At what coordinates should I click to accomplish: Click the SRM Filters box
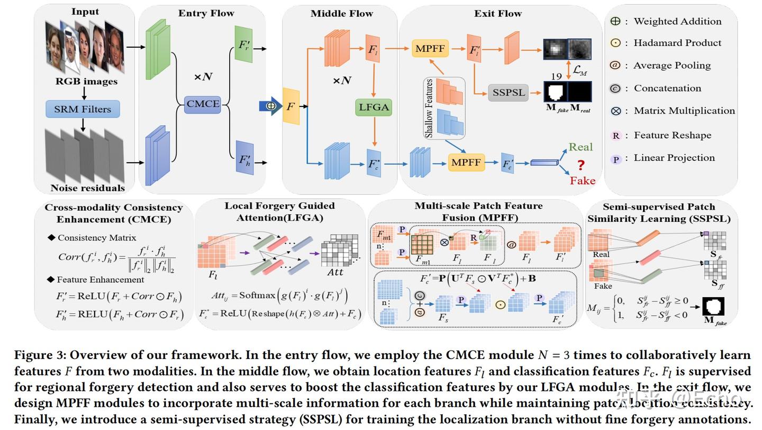[83, 109]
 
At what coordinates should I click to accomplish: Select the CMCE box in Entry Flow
[203, 104]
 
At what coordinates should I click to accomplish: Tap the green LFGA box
[374, 107]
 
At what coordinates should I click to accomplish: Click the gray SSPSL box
[508, 92]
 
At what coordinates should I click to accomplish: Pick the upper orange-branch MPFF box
[430, 49]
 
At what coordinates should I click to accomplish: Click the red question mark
[582, 165]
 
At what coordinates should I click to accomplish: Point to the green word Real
[580, 147]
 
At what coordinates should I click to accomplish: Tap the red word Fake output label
[583, 181]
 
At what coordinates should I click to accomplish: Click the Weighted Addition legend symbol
[615, 21]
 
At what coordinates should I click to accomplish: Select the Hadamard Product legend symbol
[615, 43]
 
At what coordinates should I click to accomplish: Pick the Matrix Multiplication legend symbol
[615, 111]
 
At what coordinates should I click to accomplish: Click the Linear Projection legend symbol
[615, 158]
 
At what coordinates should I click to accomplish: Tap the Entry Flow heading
[206, 13]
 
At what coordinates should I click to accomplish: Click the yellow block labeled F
[291, 106]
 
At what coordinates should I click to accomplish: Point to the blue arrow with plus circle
[270, 106]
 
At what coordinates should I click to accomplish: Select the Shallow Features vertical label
[429, 108]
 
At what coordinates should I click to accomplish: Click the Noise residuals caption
[88, 188]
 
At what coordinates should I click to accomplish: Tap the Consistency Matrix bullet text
[96, 238]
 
